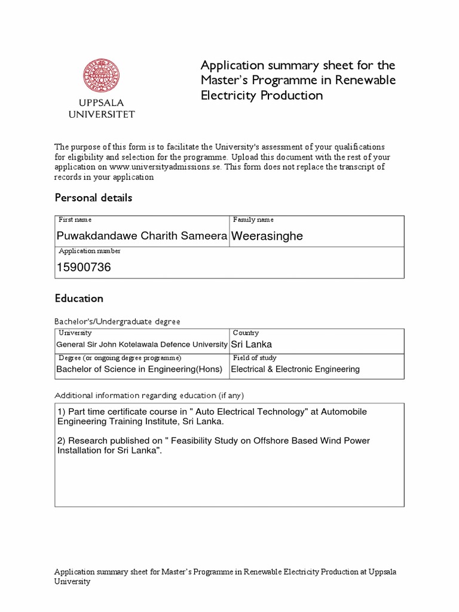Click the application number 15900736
pyautogui.click(x=84, y=267)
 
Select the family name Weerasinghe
pyautogui.click(x=267, y=236)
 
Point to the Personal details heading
pyautogui.click(x=93, y=197)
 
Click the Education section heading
pyautogui.click(x=79, y=298)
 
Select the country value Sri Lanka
pyautogui.click(x=251, y=344)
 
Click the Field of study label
pyautogui.click(x=255, y=357)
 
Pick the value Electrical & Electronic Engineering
pyautogui.click(x=295, y=369)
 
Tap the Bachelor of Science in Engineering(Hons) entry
pyautogui.click(x=139, y=369)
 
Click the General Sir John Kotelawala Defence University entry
pyautogui.click(x=142, y=344)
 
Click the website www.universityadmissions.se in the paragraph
pyautogui.click(x=165, y=167)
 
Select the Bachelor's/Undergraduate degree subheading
pyautogui.click(x=117, y=322)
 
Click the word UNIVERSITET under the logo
pyautogui.click(x=102, y=114)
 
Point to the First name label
pyautogui.click(x=75, y=220)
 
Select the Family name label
pyautogui.click(x=253, y=220)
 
